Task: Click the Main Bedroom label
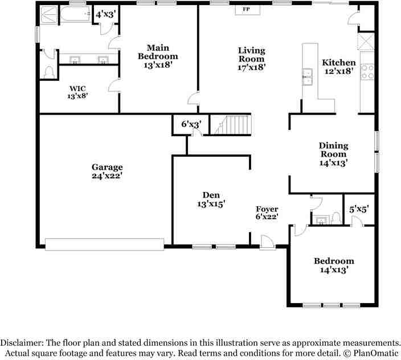[x=158, y=52]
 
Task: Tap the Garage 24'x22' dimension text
[x=107, y=176]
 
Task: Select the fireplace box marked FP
[x=248, y=10]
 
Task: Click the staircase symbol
[x=231, y=125]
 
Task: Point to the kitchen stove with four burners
[x=367, y=72]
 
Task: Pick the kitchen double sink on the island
[x=307, y=77]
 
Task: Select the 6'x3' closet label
[x=191, y=124]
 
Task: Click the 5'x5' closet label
[x=359, y=210]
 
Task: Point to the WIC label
[x=77, y=88]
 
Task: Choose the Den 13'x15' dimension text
[x=211, y=204]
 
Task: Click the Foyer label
[x=267, y=209]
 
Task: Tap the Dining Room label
[x=333, y=150]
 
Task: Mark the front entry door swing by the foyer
[x=268, y=242]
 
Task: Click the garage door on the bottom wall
[x=104, y=244]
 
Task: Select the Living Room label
[x=252, y=55]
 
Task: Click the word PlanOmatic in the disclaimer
[x=376, y=353]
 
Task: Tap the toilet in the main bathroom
[x=49, y=72]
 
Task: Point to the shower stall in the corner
[x=49, y=15]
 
